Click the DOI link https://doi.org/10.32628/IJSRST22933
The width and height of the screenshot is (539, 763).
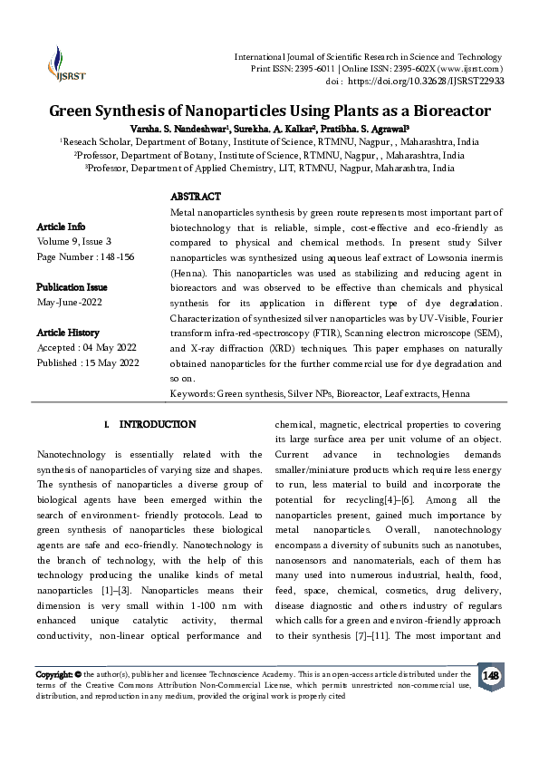coord(426,81)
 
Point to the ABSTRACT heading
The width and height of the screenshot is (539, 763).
coord(196,197)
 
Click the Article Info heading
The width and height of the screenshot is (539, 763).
coord(61,226)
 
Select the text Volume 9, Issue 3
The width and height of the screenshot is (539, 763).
coord(73,241)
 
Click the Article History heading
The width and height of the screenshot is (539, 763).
coord(68,333)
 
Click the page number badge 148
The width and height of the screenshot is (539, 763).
coord(490,676)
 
